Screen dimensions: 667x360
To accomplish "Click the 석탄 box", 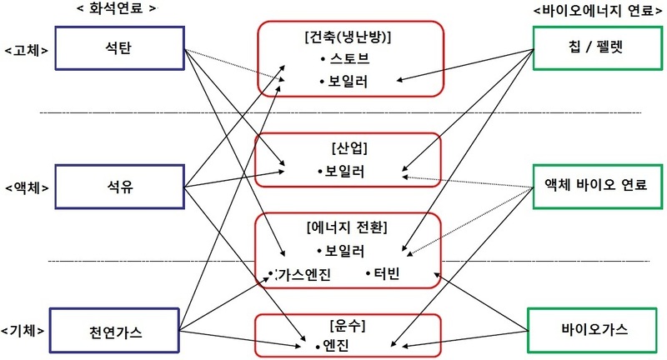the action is point(119,48).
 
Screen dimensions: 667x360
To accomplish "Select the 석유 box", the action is point(119,187).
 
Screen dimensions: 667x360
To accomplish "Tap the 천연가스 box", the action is point(114,331).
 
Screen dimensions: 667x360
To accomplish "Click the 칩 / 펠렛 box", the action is point(598,47).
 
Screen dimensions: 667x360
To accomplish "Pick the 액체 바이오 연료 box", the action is point(598,186).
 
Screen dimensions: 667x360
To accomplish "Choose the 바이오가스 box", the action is point(592,330).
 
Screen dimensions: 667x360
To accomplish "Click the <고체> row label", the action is point(27,51).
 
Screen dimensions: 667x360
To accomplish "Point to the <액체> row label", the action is point(27,187).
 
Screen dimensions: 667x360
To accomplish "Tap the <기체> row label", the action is point(23,331).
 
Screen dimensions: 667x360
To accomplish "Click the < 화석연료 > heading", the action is point(117,8).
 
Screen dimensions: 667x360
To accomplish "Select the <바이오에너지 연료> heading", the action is point(598,11).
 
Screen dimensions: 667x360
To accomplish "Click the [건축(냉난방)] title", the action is point(348,37).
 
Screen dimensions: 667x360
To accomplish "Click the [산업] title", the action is point(349,147).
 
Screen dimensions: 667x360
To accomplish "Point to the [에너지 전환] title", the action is point(347,227).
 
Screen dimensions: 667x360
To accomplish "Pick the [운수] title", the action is point(348,327).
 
